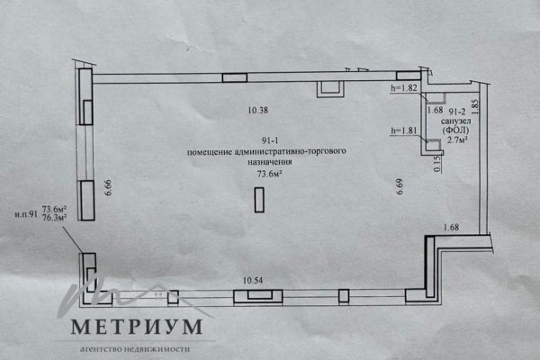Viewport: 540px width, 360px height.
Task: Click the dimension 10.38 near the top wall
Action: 258,112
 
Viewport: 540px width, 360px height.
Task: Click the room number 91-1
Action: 267,141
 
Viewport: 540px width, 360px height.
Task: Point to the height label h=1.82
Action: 403,88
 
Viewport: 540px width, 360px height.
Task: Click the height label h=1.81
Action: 402,130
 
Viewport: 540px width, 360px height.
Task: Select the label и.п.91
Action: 24,213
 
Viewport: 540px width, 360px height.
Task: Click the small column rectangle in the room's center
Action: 259,199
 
